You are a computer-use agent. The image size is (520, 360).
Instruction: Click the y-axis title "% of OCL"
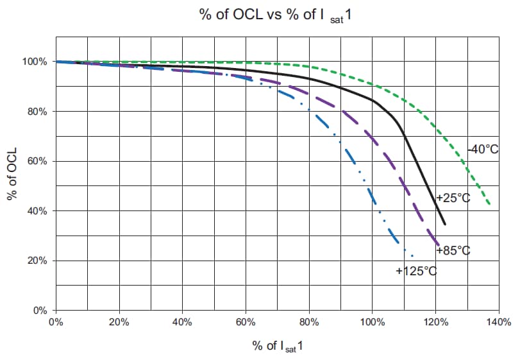[11, 176]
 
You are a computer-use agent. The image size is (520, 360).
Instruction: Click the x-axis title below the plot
[277, 347]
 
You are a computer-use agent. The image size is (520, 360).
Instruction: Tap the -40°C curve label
[483, 150]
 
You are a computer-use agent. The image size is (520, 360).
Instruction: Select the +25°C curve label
[453, 198]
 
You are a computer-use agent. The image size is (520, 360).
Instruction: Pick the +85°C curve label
[453, 250]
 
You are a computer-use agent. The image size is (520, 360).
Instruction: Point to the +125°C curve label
[416, 271]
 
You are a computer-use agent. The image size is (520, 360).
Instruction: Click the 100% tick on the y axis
[35, 62]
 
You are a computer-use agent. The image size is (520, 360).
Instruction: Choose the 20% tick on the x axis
[119, 321]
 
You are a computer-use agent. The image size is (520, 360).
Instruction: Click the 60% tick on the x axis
[246, 321]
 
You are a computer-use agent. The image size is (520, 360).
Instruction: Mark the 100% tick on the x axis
[372, 321]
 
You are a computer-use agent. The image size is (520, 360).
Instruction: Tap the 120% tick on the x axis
[435, 321]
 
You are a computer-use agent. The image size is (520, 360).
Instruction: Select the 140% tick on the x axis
[498, 321]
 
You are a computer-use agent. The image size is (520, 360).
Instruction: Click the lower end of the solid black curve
[444, 224]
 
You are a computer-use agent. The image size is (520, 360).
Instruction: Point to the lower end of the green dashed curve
[491, 205]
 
